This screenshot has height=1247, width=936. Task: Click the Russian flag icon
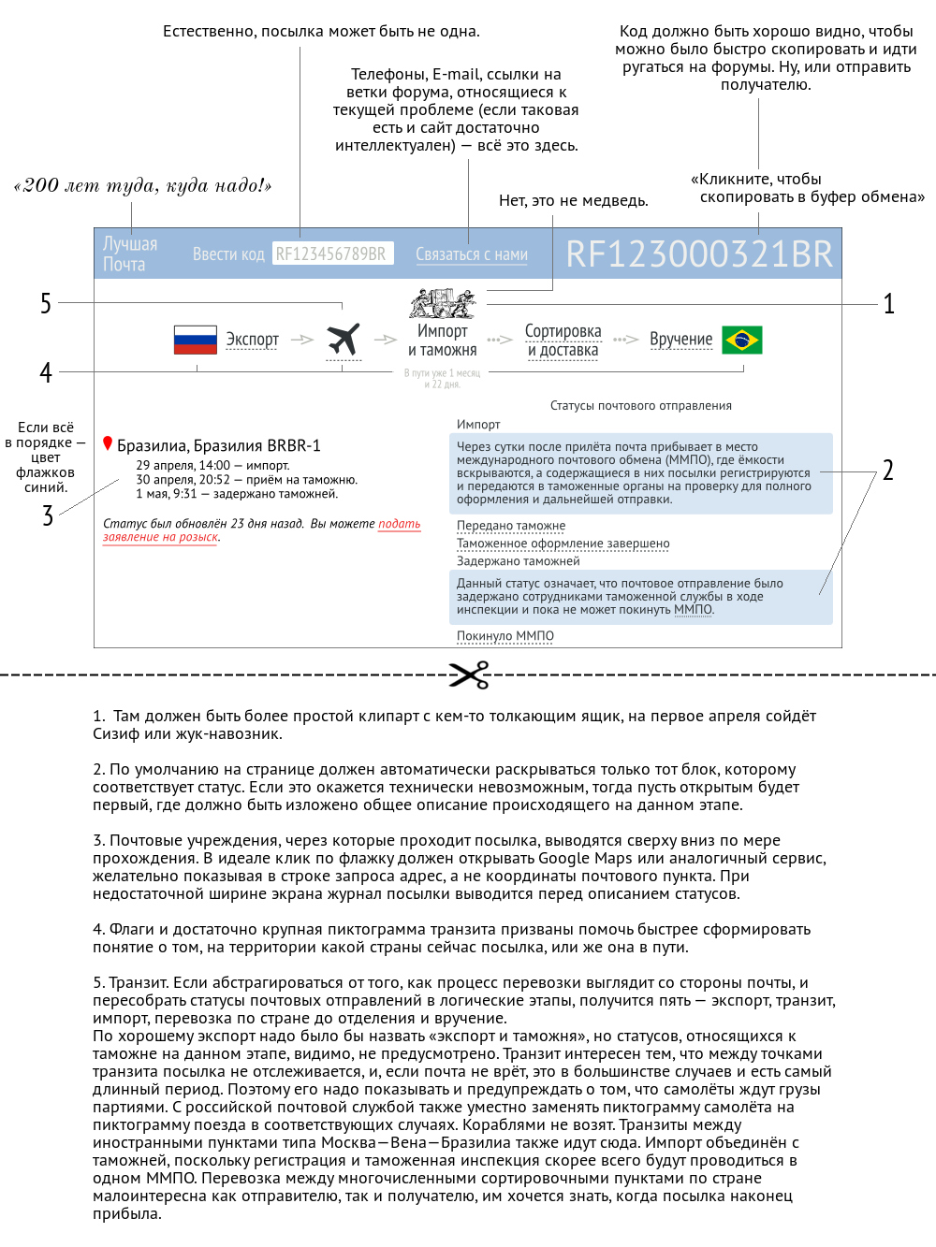click(195, 340)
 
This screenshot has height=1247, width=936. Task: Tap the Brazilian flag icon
click(743, 340)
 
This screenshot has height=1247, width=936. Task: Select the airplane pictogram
click(344, 340)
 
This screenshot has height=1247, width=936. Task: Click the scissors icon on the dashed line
click(469, 674)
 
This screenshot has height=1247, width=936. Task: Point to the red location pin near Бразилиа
click(108, 444)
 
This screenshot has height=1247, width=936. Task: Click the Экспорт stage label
click(252, 340)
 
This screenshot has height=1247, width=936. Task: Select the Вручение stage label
click(680, 340)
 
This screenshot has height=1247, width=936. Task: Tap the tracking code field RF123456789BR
click(332, 254)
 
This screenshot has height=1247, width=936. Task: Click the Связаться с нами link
click(471, 254)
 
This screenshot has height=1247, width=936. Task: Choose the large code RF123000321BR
click(698, 254)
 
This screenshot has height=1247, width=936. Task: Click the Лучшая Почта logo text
click(129, 254)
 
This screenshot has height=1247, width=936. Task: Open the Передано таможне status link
click(511, 526)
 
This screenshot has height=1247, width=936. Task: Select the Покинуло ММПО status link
click(505, 636)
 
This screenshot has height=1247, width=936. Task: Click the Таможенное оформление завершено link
click(563, 544)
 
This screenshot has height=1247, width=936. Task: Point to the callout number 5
click(46, 303)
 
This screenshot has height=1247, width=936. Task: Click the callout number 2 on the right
click(887, 471)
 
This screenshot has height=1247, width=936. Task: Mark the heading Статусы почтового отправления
click(640, 406)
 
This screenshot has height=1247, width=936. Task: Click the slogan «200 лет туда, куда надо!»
click(142, 185)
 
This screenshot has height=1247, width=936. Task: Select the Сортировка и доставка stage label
click(563, 341)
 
